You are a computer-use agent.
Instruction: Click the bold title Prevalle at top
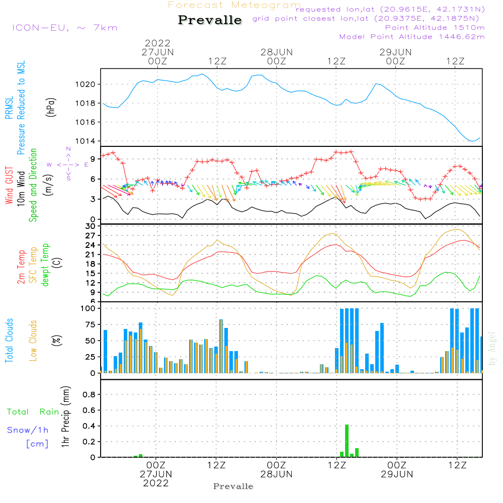(x=210, y=20)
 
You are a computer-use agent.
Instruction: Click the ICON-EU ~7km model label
(x=64, y=28)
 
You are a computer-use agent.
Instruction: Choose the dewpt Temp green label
(x=45, y=265)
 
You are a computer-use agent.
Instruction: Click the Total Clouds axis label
(x=9, y=340)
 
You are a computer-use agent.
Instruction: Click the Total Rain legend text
(x=33, y=412)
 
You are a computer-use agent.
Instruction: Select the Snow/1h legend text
(x=28, y=430)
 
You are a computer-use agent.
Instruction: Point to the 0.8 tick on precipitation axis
(x=89, y=395)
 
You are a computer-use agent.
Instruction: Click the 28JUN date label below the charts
(x=276, y=474)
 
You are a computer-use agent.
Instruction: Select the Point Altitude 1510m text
(x=435, y=28)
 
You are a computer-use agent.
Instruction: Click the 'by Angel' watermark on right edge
(x=492, y=349)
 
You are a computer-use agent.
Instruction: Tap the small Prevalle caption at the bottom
(x=233, y=486)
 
